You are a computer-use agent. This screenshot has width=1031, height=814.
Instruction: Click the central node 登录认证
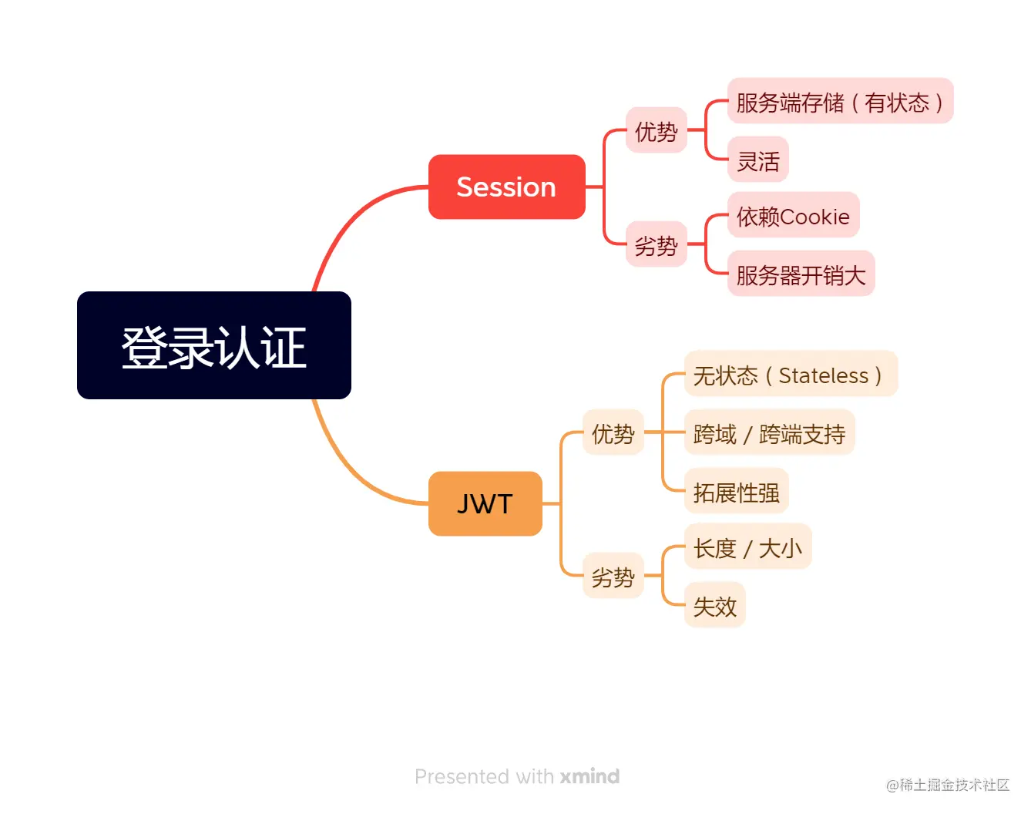click(x=214, y=345)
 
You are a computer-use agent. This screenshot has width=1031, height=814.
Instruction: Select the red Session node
click(x=506, y=187)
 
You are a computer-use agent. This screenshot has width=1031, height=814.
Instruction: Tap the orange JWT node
click(x=485, y=503)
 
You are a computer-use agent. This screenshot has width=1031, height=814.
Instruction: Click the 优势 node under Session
click(x=656, y=130)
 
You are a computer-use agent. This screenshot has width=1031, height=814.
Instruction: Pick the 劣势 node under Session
click(x=656, y=244)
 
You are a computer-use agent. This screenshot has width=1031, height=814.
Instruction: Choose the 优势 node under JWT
click(x=613, y=432)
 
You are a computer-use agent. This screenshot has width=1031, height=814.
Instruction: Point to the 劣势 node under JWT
click(x=613, y=576)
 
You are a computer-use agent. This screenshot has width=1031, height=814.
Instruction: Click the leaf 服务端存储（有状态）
click(x=840, y=101)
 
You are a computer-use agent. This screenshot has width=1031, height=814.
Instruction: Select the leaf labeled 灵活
click(x=757, y=160)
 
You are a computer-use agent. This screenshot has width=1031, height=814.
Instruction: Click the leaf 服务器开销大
click(x=801, y=274)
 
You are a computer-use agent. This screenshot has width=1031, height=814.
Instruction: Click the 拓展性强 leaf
click(x=736, y=491)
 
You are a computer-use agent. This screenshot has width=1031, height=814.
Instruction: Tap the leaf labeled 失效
click(x=714, y=605)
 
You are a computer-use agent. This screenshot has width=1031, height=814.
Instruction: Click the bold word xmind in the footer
click(x=589, y=776)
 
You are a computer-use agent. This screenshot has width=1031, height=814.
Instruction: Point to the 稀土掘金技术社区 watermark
click(x=948, y=785)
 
